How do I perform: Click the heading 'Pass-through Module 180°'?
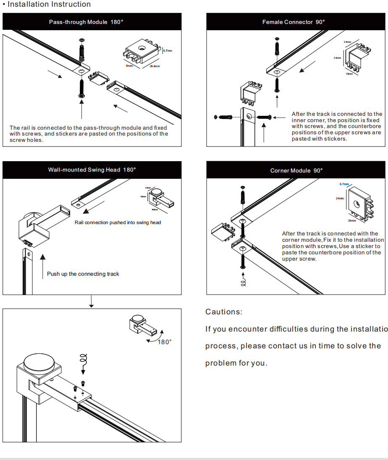[86, 22]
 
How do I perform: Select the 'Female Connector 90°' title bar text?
[294, 22]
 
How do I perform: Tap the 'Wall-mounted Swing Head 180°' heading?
[92, 170]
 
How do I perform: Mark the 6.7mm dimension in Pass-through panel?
[168, 51]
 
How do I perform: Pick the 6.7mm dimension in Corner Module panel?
[344, 184]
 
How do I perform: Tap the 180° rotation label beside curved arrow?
[165, 342]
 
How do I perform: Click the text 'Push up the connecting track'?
[83, 274]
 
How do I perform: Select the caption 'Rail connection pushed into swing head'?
[118, 222]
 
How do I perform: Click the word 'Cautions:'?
[224, 312]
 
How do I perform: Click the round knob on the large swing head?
[37, 361]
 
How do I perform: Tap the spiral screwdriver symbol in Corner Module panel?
[243, 279]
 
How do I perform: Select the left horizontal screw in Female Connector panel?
[223, 116]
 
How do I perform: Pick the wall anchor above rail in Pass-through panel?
[81, 50]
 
